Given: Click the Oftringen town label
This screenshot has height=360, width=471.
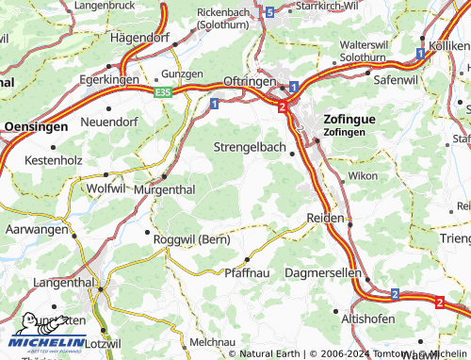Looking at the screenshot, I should pos(249,81).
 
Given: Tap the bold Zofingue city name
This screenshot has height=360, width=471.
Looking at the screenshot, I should pos(349,121).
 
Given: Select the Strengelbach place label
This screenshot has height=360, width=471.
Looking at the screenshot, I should pos(246,147).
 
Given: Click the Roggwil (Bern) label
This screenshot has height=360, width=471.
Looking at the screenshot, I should pos(191,240).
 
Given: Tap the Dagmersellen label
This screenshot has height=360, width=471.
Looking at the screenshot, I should pos(323,271).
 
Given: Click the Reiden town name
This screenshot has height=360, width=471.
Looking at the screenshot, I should pos(325,218).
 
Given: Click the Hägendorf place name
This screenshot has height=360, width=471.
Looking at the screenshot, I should pos(146,39).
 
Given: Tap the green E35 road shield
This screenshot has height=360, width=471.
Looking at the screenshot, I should pos(165,92).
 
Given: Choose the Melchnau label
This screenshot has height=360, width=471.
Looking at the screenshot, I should pos(213,341).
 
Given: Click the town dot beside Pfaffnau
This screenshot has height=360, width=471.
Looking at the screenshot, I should pos(247,259).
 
